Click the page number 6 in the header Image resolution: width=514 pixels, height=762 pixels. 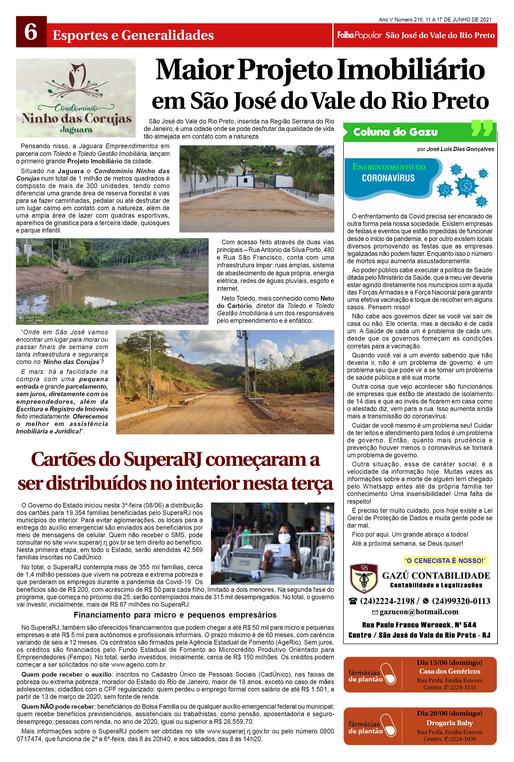tap(31, 32)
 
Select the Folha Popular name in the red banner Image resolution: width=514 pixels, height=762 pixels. tap(359, 35)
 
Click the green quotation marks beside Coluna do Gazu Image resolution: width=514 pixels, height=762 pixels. tap(482, 128)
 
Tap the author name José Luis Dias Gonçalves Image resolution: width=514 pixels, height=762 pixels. tap(460, 149)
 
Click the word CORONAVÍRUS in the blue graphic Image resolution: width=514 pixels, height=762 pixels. tap(388, 178)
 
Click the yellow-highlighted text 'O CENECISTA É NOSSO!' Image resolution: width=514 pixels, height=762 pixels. tap(445, 561)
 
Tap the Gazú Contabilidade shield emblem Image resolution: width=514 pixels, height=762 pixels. tap(364, 578)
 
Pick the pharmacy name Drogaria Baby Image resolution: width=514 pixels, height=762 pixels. tap(450, 723)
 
